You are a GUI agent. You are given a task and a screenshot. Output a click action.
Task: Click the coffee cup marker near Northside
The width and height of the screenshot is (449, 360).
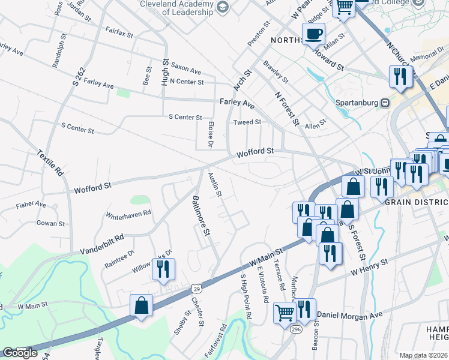coord(313,34)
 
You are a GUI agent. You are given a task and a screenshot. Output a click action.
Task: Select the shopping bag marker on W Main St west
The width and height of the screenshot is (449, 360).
coord(141,305)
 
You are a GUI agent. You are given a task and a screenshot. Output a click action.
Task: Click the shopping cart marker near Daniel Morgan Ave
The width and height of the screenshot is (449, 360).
coord(284,312)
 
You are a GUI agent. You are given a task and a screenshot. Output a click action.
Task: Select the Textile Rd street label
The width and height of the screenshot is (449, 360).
coord(50,162)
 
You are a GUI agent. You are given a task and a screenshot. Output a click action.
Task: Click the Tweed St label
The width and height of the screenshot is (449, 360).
coord(247,122)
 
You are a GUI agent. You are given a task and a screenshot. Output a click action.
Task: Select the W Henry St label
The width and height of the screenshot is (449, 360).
coord(370,267)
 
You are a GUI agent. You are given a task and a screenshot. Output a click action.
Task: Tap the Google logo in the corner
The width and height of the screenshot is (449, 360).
coord(20,353)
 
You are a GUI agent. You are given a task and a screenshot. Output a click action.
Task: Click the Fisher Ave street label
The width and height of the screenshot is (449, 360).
coord(31,205)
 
